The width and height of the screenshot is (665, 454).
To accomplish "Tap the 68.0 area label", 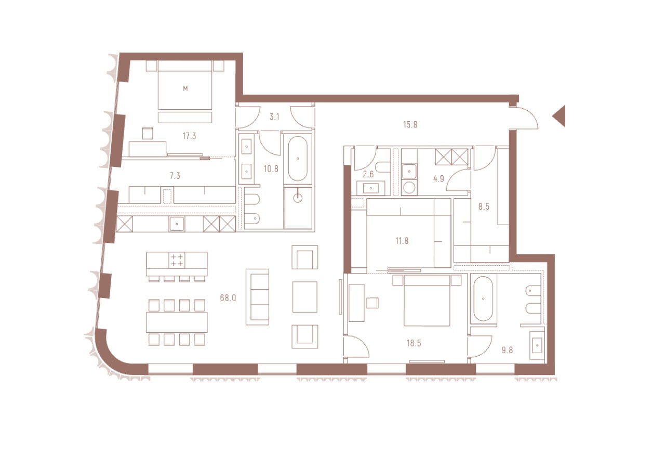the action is coord(228,297).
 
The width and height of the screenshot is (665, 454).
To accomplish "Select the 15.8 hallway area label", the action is coord(410,124).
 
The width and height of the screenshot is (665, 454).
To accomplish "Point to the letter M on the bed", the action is coord(185,88).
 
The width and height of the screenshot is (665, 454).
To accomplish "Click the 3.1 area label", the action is coord(274,117).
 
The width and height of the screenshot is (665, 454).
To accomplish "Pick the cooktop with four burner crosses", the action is coord(177,260).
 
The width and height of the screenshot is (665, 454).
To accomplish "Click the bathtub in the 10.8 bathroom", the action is coord(298,159).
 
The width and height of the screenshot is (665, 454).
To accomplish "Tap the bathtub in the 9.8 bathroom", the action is coord(483,299).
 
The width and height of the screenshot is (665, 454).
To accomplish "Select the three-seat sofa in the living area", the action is coord(257,297).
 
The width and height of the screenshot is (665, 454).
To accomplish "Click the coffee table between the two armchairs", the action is coord(305,297).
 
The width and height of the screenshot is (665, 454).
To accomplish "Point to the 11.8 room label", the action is coord(402,241).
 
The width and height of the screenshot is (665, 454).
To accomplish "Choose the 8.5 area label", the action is coord(484,206).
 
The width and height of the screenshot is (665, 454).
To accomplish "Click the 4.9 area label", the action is coord(438,179).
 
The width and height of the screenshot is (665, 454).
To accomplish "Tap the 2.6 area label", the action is coord(368,174).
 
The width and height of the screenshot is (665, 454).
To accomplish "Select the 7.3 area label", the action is coord(175,176).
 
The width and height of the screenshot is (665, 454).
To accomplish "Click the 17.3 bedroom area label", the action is coord(190,136).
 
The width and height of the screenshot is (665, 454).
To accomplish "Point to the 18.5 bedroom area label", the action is coord(414,343).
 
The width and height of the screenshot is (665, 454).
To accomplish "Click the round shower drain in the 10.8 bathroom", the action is coord(298,198).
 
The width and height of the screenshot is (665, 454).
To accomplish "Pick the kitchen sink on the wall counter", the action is coord(177,224).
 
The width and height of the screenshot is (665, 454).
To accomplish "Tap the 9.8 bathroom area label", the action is coord(508,351).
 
